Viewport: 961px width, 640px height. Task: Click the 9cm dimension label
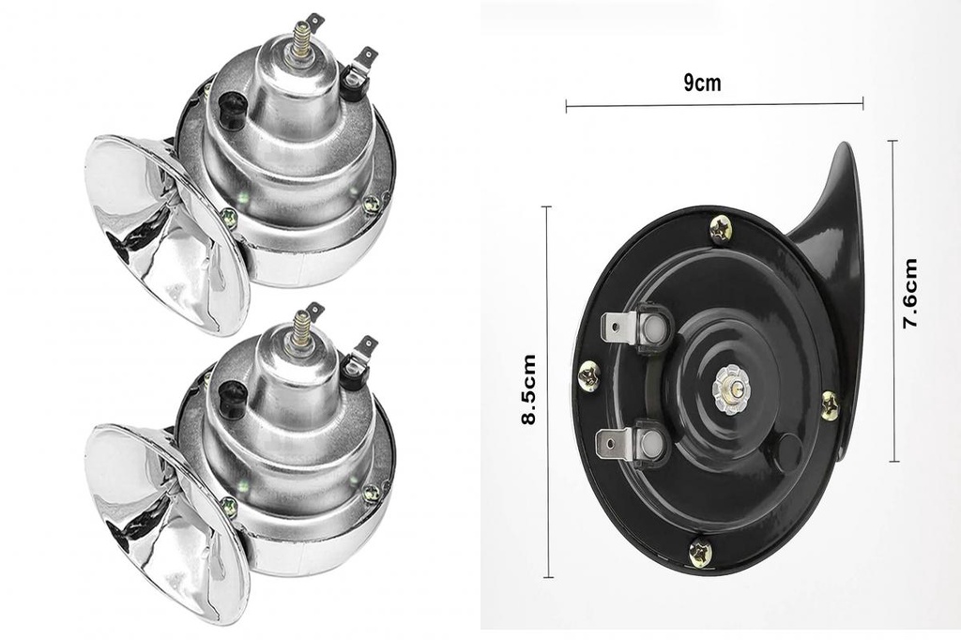pyautogui.click(x=701, y=83)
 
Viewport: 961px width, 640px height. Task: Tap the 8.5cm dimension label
pyautogui.click(x=529, y=389)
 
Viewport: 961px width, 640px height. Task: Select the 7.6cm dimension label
pyautogui.click(x=909, y=293)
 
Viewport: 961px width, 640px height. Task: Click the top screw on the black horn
pyautogui.click(x=720, y=228)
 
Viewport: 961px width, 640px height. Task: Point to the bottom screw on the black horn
pyautogui.click(x=700, y=552)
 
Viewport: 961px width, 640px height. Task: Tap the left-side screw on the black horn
pyautogui.click(x=589, y=375)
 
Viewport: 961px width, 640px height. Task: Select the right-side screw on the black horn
pyautogui.click(x=830, y=404)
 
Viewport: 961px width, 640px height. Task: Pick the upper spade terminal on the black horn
pyautogui.click(x=628, y=328)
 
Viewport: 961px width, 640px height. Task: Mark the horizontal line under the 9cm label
pyautogui.click(x=713, y=105)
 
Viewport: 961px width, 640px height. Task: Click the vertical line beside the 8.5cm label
pyautogui.click(x=547, y=389)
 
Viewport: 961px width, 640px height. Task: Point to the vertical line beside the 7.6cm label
pyautogui.click(x=892, y=300)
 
